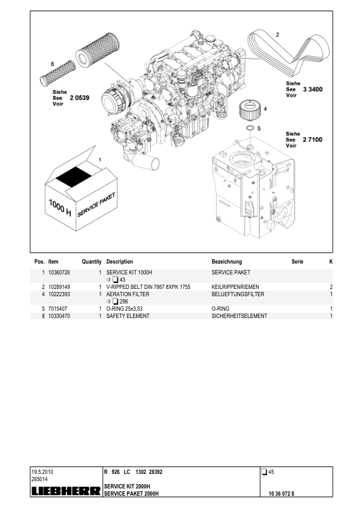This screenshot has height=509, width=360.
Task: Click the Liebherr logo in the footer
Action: pyautogui.click(x=66, y=491)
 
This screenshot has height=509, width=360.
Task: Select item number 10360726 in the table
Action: pyautogui.click(x=59, y=273)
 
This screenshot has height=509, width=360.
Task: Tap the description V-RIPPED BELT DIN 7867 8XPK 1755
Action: pyautogui.click(x=148, y=287)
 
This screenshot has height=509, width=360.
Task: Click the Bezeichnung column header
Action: pyautogui.click(x=227, y=262)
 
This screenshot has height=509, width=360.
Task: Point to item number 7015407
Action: pyautogui.click(x=58, y=309)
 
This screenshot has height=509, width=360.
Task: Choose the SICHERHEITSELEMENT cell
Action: pyautogui.click(x=239, y=316)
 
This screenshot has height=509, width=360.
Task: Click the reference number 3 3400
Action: pyautogui.click(x=313, y=89)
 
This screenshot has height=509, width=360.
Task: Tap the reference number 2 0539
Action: pyautogui.click(x=80, y=98)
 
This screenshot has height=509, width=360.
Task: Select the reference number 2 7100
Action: pyautogui.click(x=313, y=140)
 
